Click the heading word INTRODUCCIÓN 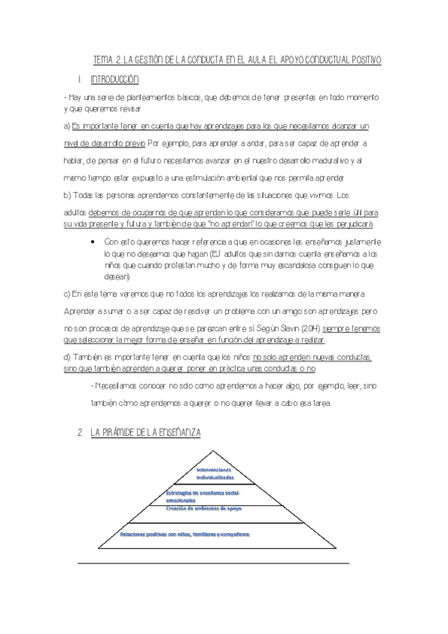114,79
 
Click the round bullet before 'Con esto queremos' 90,241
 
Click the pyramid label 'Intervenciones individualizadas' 215,473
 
